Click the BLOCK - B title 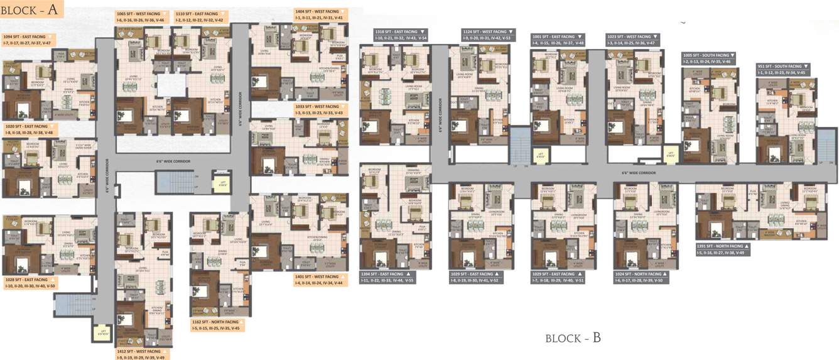click(x=573, y=338)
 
